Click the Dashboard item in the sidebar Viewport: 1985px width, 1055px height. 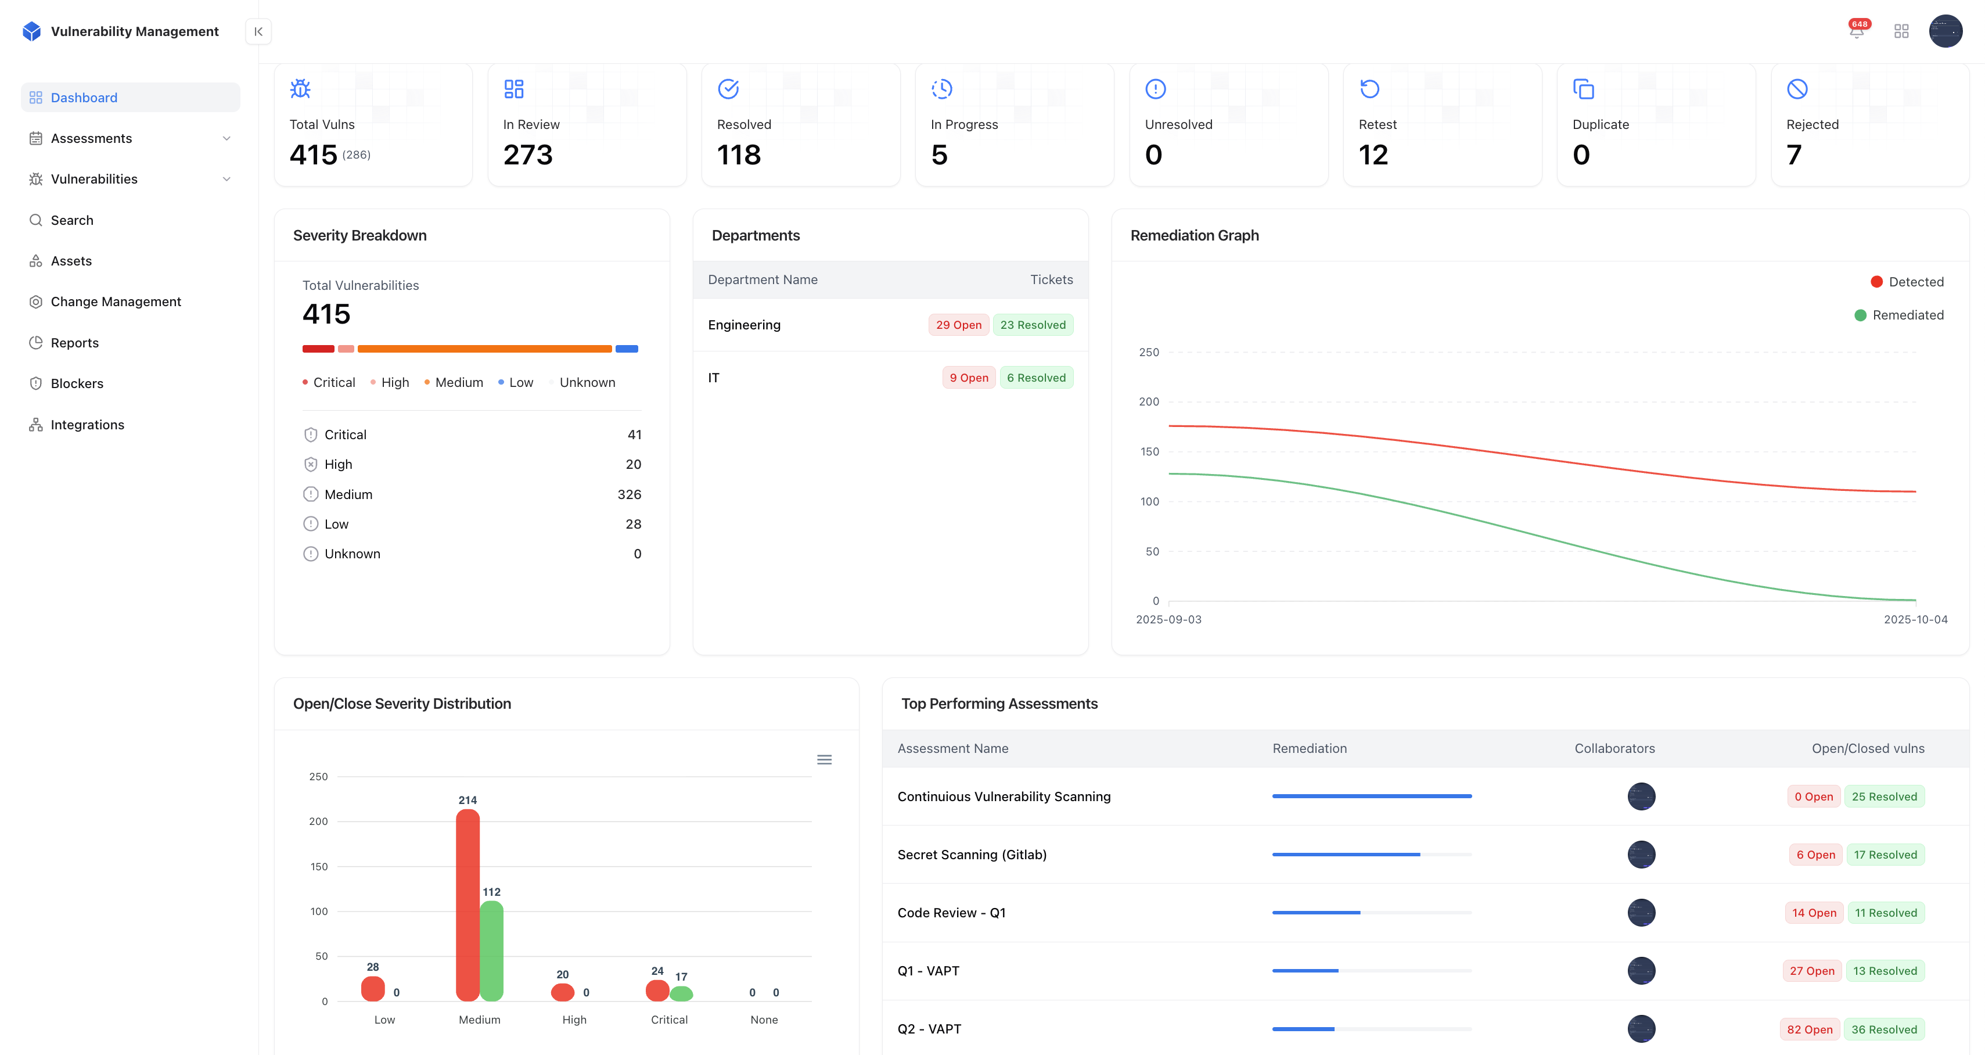click(x=84, y=98)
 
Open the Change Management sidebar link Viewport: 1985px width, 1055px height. click(x=116, y=302)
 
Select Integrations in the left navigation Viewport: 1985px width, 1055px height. click(x=87, y=425)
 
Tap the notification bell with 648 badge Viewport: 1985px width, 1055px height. click(x=1857, y=31)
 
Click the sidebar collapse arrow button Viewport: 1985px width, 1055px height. click(x=258, y=31)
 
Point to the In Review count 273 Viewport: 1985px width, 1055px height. click(x=528, y=155)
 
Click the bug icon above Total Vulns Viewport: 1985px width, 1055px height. click(x=300, y=89)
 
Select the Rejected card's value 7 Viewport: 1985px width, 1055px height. click(x=1794, y=155)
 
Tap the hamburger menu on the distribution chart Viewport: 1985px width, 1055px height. click(x=824, y=760)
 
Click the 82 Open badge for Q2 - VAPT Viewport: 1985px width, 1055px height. click(x=1809, y=1029)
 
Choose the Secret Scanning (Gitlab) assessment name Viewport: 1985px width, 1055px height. click(x=972, y=855)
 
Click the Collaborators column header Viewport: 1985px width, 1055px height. click(x=1614, y=748)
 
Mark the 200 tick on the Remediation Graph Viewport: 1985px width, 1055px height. click(x=1149, y=401)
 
